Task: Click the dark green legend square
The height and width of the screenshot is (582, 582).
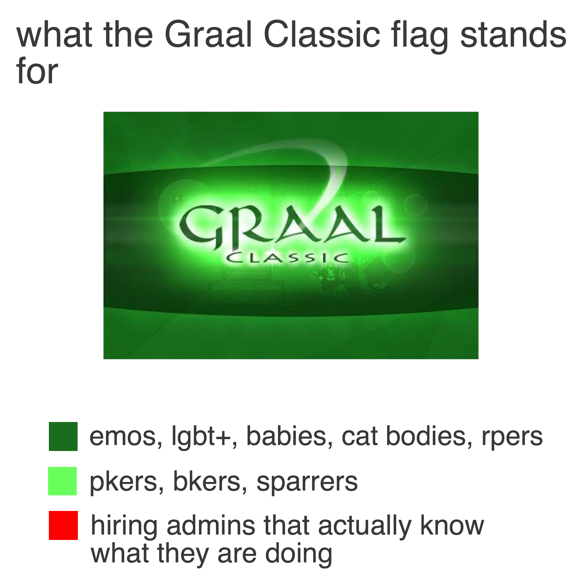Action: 63,436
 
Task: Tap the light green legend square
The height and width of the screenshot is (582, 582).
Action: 62,481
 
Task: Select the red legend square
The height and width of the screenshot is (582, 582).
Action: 63,525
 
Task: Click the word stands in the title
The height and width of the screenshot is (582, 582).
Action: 513,35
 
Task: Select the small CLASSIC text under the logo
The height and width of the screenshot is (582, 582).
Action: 287,258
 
